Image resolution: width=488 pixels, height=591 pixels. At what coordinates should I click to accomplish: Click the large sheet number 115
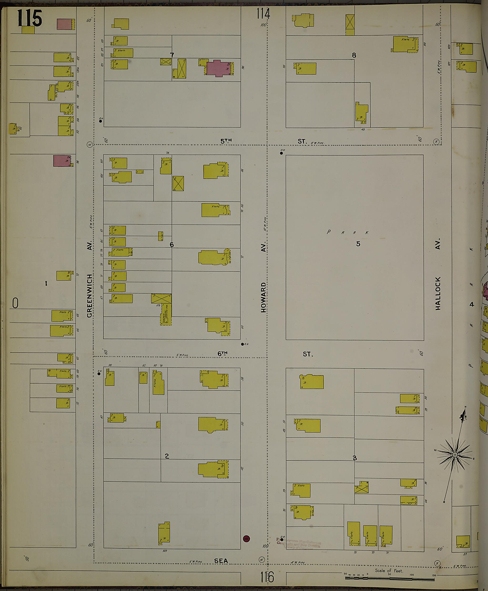30,18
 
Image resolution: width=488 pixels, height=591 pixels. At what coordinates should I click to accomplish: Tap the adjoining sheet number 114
263,14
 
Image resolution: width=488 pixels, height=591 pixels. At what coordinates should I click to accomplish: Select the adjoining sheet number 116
266,577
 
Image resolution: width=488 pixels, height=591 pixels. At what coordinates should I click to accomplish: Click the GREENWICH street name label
90,296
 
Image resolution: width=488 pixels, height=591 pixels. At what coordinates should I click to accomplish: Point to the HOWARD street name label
263,297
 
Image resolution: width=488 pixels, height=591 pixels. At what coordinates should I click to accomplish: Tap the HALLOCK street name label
438,293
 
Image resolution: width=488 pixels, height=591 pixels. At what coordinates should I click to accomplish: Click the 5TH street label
226,141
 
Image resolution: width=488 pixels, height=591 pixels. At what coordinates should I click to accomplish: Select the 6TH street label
222,354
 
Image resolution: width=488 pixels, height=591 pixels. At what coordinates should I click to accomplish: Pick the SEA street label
221,561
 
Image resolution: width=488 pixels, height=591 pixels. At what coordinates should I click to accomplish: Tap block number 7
172,55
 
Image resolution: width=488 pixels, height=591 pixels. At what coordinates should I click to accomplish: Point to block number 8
354,55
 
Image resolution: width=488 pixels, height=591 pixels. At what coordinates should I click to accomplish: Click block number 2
167,456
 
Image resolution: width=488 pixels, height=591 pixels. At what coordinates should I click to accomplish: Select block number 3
355,458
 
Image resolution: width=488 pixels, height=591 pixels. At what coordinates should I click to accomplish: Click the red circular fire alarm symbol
246,539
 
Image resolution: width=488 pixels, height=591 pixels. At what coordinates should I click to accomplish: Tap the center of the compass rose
455,455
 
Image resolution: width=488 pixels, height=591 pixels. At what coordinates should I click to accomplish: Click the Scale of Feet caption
389,571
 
